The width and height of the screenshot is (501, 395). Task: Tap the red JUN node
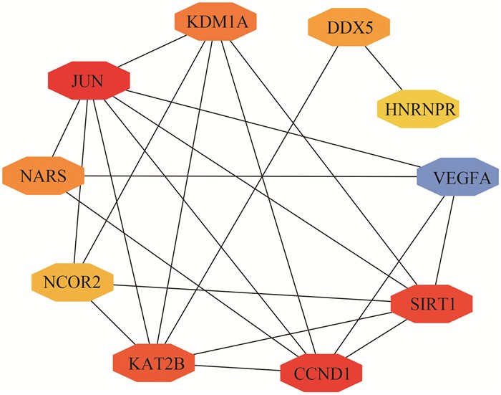point(89,83)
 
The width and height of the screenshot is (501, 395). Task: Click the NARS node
point(44,175)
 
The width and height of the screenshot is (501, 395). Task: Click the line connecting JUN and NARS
point(67,129)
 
